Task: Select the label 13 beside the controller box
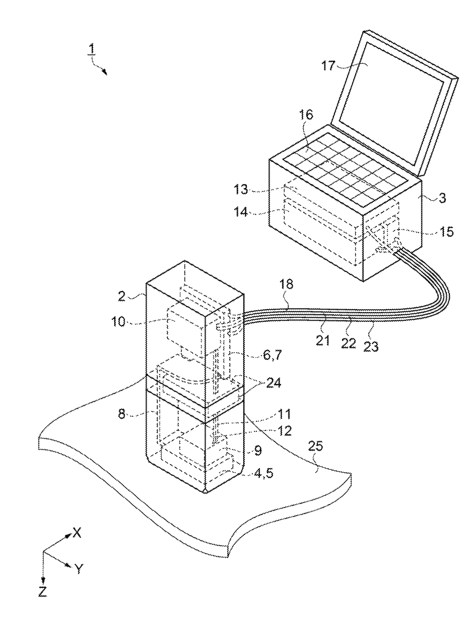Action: pos(241,189)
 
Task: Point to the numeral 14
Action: pos(241,212)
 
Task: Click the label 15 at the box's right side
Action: pos(445,232)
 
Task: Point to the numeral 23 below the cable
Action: pos(370,346)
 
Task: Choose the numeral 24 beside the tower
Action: pos(273,383)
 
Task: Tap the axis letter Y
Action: pos(79,569)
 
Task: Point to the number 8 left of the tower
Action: pos(122,414)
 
